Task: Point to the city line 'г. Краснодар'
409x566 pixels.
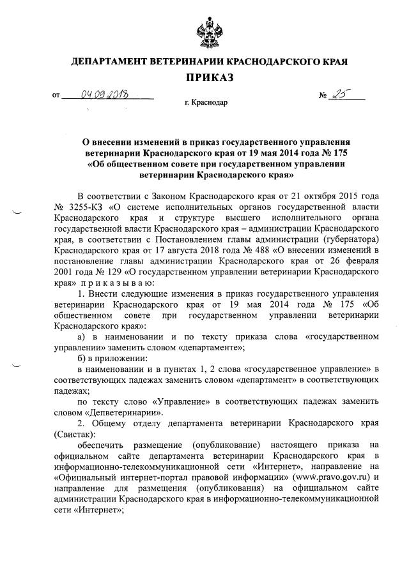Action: tap(205, 102)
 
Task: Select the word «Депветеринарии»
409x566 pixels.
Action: tap(128, 412)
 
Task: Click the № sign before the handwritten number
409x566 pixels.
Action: tap(323, 96)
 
